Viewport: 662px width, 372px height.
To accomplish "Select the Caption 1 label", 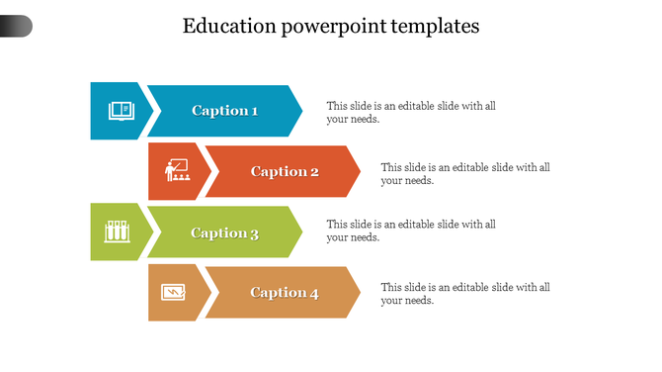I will [x=224, y=111].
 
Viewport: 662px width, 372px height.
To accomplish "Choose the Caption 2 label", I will [x=285, y=172].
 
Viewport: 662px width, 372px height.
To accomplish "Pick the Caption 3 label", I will [x=224, y=233].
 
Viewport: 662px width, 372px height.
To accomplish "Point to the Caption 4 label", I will [x=285, y=293].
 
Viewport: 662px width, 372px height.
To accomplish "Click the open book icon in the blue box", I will [x=120, y=110].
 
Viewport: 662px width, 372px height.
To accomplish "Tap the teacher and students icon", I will [x=179, y=171].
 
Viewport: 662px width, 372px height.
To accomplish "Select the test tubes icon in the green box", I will [x=119, y=232].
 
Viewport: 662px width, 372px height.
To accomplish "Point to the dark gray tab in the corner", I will [x=16, y=27].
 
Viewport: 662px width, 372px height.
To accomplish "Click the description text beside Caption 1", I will [x=411, y=112].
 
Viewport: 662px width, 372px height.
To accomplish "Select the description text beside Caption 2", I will [x=465, y=173].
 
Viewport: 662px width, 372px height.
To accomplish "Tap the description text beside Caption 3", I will [x=411, y=231].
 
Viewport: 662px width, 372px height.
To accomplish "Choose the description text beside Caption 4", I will [x=465, y=294].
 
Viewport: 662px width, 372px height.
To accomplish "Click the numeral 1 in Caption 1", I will [x=254, y=111].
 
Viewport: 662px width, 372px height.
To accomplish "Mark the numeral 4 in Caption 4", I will [x=314, y=293].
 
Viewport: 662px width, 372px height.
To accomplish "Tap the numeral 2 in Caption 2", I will [x=314, y=172].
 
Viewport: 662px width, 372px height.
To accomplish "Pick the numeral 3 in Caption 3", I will [x=254, y=233].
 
